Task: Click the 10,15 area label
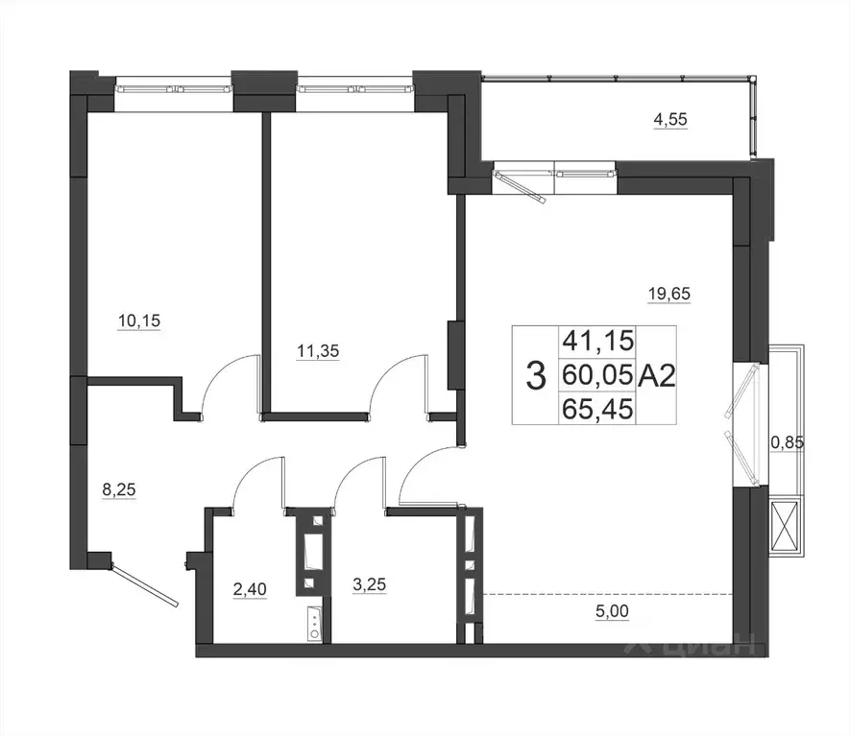[x=138, y=321]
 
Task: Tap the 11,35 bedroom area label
[x=318, y=351]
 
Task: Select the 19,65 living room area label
[x=670, y=295]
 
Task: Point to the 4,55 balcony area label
[x=670, y=121]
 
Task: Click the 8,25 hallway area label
[x=119, y=489]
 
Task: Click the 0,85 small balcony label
[x=788, y=443]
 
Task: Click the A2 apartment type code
[x=658, y=374]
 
